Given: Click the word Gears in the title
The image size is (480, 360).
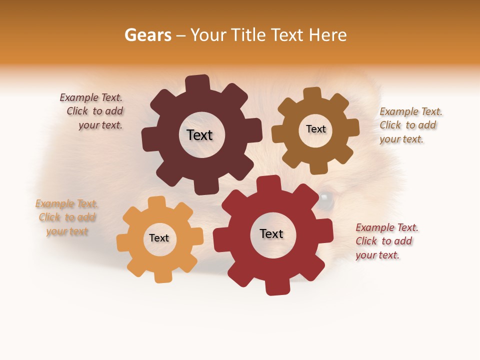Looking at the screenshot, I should tap(147, 35).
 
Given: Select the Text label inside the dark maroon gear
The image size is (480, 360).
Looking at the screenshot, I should tap(199, 135).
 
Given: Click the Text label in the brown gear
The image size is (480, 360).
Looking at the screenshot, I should tap(315, 129).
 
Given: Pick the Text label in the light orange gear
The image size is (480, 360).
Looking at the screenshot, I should tap(159, 238).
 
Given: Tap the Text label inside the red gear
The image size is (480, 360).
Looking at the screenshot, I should tap(271, 234).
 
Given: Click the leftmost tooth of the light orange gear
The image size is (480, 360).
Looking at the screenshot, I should tap(123, 242).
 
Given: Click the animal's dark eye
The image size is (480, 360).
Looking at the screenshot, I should tap(325, 200).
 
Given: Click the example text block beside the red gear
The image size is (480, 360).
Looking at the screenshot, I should tap(386, 241).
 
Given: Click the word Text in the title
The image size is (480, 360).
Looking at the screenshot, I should tap(287, 35).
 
